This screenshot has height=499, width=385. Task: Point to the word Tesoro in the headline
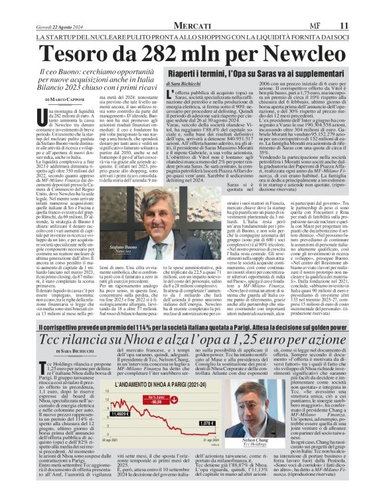[x=64, y=32]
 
